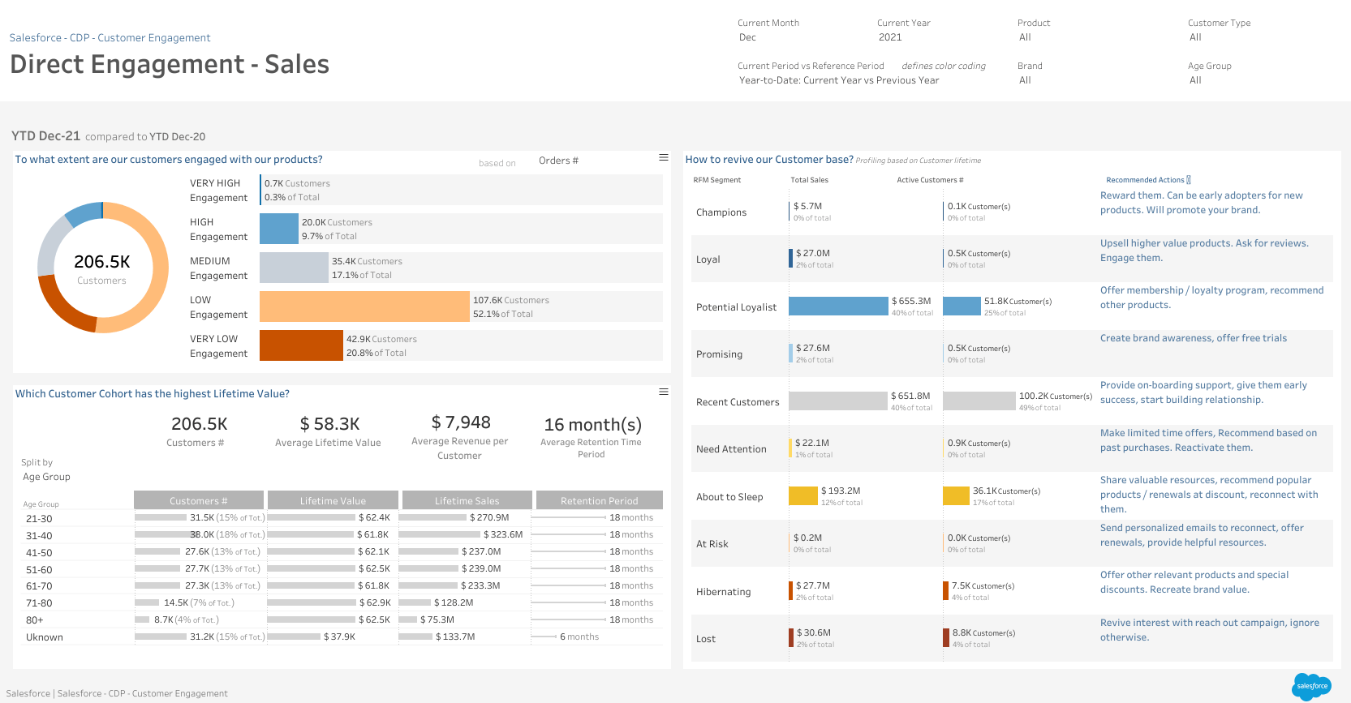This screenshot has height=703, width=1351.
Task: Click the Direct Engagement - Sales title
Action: pos(170,64)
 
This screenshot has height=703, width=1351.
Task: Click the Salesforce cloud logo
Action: pos(1311,686)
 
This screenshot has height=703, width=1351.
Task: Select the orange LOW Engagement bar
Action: pos(364,306)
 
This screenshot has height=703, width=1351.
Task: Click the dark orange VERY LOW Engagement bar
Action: pos(301,345)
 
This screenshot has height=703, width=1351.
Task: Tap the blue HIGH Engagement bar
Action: pos(279,229)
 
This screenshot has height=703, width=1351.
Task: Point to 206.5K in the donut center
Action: pos(102,262)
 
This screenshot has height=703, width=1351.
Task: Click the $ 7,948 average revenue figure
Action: pos(460,422)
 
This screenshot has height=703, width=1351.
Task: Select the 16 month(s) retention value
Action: pos(592,425)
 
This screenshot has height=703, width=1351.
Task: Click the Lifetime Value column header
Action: pos(333,500)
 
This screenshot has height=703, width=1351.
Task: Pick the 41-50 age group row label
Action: pos(39,553)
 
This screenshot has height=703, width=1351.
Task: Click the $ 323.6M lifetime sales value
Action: pos(503,534)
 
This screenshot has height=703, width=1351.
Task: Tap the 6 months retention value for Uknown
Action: pos(579,637)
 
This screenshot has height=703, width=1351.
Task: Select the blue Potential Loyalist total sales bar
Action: pos(838,306)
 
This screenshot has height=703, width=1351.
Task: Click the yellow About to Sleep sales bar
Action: pos(802,495)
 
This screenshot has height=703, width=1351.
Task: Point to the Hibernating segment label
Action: pos(723,592)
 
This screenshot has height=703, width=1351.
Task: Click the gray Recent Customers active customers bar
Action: pos(979,401)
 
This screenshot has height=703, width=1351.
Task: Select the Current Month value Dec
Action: pos(747,37)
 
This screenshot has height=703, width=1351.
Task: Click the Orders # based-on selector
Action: pos(558,161)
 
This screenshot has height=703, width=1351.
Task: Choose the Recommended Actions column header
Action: pos(1145,180)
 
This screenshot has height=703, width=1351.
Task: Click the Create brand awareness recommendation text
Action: pos(1193,338)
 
